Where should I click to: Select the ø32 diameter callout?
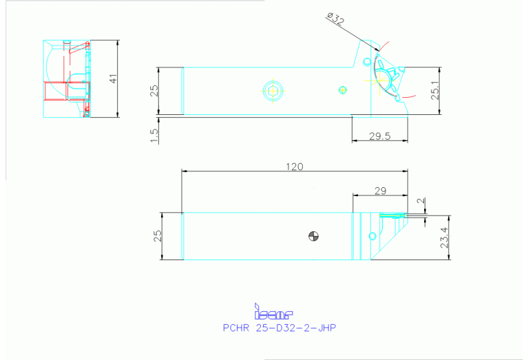click(336, 19)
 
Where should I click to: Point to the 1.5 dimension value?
click(154, 136)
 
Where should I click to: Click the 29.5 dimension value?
click(379, 136)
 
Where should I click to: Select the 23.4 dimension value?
click(444, 238)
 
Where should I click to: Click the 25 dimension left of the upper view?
click(155, 90)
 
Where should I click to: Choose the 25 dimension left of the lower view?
click(157, 235)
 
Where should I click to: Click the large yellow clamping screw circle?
click(273, 89)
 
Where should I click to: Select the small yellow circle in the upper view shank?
click(344, 89)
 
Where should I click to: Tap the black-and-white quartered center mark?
click(314, 236)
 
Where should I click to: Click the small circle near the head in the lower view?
click(372, 236)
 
